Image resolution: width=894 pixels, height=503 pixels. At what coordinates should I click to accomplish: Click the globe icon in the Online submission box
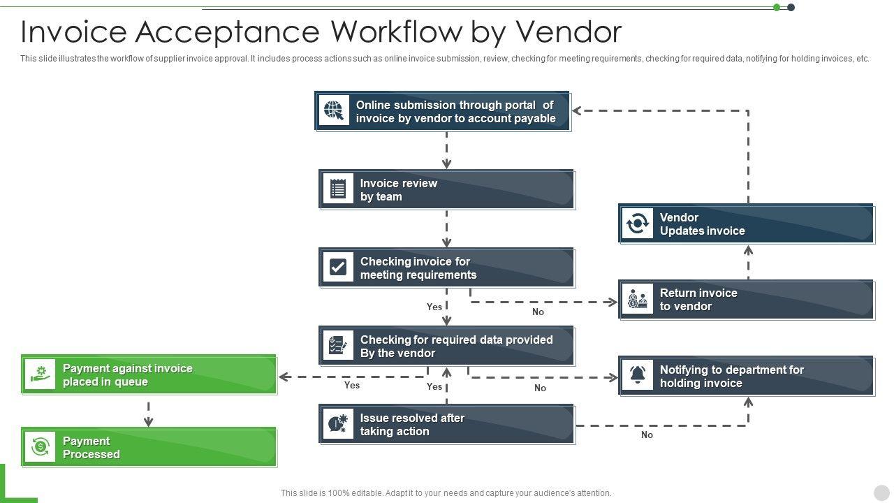[x=334, y=110]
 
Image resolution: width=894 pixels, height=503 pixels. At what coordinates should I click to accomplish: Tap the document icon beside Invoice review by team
[x=338, y=189]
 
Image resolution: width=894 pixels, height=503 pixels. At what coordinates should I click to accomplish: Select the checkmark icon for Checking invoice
[x=338, y=267]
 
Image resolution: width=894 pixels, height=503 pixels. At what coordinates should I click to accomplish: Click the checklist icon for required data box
[x=338, y=345]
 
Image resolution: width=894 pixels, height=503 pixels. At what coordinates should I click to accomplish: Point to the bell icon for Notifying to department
[x=638, y=375]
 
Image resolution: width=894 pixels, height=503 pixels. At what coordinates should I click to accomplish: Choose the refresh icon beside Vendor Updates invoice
[x=638, y=224]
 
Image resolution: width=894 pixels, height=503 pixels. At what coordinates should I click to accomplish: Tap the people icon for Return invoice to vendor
[x=638, y=299]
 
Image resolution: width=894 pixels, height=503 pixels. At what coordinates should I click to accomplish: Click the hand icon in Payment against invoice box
[x=40, y=374]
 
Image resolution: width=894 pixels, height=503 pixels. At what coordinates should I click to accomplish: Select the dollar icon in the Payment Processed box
[x=40, y=446]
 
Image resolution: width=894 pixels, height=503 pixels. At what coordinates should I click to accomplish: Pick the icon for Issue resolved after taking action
[x=338, y=423]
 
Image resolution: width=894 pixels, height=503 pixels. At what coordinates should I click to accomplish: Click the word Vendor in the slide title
[x=569, y=31]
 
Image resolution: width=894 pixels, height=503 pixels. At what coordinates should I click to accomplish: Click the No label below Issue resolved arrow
[x=647, y=435]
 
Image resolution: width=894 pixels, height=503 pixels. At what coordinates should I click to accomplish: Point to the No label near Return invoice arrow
[x=538, y=312]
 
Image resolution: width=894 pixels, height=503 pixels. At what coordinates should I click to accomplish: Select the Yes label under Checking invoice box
[x=434, y=307]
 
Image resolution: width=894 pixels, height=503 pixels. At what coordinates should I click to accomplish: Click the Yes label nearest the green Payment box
[x=352, y=385]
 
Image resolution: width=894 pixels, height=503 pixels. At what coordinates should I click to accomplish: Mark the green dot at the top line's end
[x=777, y=8]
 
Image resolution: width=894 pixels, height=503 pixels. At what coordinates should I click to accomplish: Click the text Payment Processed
[x=91, y=448]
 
